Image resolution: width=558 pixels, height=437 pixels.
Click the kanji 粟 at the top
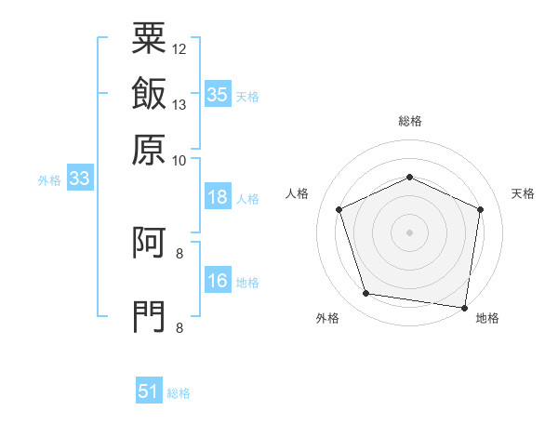pos(149,38)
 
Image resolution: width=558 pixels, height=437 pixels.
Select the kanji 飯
pos(149,93)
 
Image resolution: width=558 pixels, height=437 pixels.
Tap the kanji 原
pos(149,150)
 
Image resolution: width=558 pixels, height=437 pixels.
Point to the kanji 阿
pos(149,242)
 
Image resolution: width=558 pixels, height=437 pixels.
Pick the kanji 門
pos(149,316)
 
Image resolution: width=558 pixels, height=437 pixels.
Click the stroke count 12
pos(179,49)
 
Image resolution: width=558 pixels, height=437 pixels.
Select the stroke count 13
pos(179,105)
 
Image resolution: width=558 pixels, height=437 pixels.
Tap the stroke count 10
pos(179,161)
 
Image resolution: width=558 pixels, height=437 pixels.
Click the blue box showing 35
pos(218,94)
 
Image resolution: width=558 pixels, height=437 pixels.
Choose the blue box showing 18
pos(218,196)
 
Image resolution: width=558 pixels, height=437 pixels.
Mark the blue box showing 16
pos(218,279)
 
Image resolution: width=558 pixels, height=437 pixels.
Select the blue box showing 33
pos(80,178)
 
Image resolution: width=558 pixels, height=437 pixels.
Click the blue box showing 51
pos(149,390)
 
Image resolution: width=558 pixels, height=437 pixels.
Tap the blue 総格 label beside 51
pos(179,393)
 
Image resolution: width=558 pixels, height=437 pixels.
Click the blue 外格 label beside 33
pos(49,180)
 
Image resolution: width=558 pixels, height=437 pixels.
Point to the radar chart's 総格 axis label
pos(410,121)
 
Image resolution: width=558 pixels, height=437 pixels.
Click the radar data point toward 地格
pos(464,308)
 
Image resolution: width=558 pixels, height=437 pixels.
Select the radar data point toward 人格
pos(339,209)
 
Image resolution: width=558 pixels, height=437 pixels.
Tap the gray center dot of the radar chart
pos(409,232)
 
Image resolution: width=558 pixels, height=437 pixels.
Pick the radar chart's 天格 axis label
pos(523,193)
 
